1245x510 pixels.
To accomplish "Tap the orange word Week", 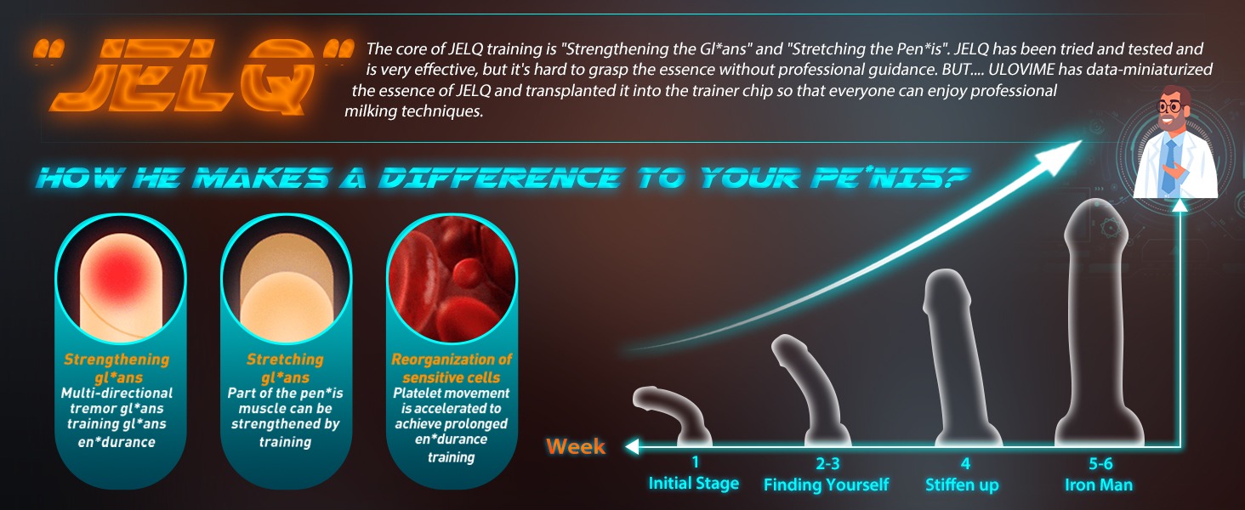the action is (576, 446).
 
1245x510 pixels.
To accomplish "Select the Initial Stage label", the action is (694, 484).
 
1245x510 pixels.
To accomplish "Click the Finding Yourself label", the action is (826, 484).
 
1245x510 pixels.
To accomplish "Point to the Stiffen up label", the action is (962, 485).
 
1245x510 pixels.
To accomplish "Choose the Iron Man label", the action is (1098, 484).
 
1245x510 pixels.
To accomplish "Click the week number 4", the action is (965, 463).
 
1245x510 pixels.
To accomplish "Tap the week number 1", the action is (695, 462).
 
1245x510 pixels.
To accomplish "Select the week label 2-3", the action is (827, 463).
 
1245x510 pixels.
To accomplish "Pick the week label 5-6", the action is (1100, 463).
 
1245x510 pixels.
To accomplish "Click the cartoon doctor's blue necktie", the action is (1170, 166).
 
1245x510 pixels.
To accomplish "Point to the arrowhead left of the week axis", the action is (632, 446).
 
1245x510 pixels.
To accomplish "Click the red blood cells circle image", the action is (452, 278).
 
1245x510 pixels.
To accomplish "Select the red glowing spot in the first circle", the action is (122, 272).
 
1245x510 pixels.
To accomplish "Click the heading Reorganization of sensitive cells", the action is (452, 368).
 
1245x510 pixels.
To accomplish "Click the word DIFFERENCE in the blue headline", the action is (500, 178).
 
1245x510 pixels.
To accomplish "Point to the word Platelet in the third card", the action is (415, 394).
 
